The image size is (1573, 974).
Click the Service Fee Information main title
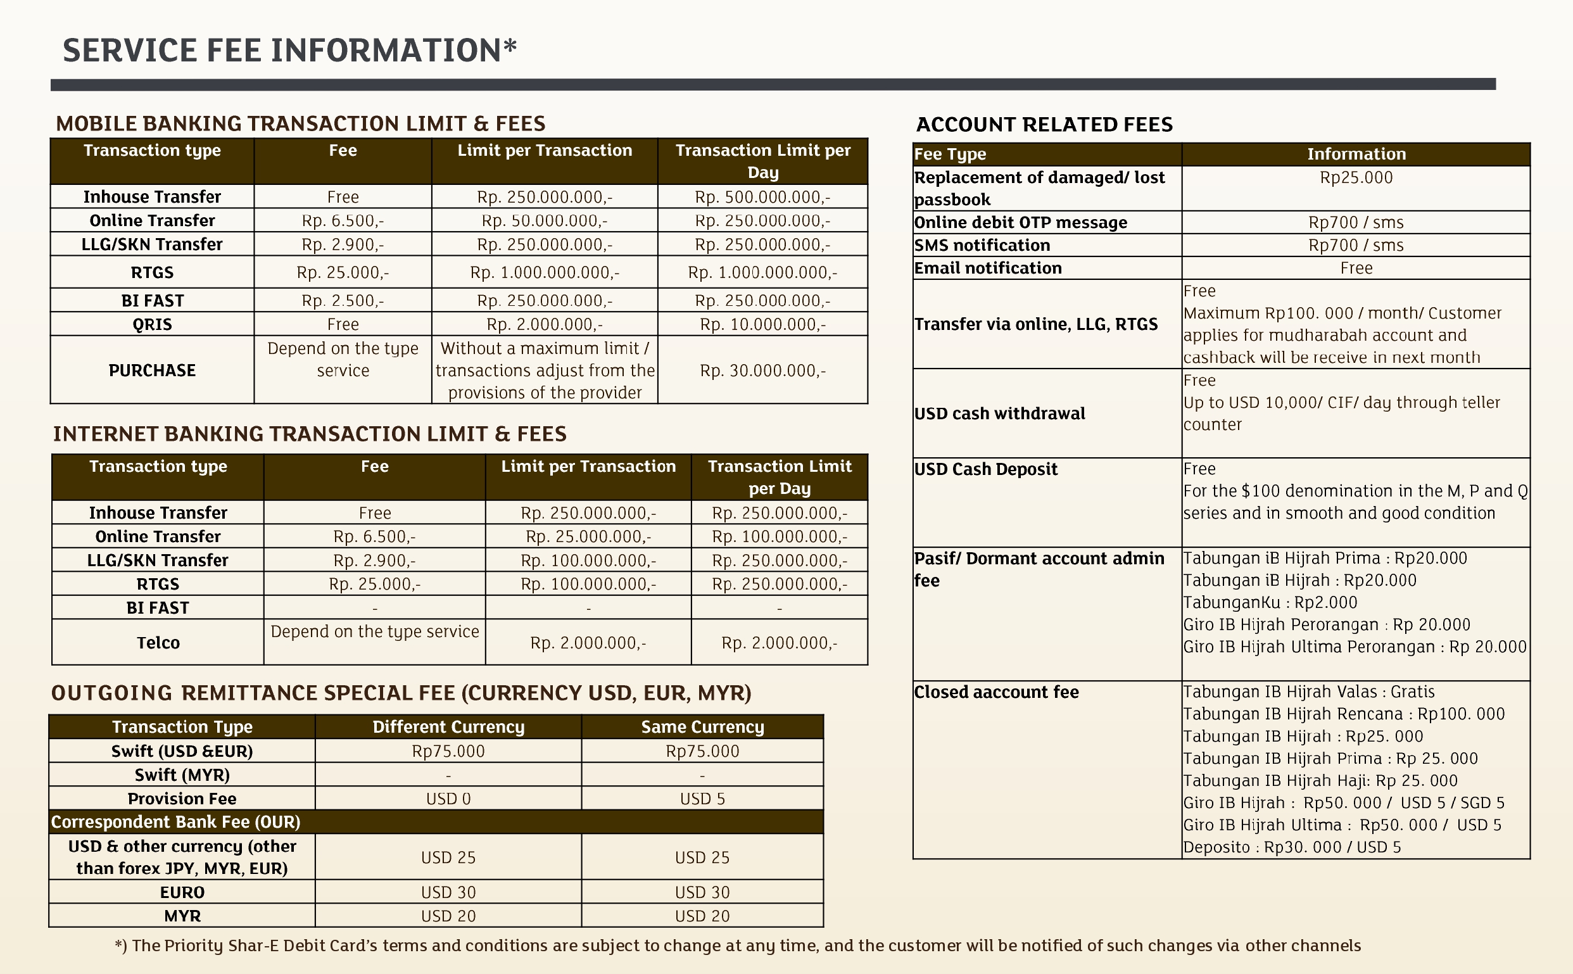(x=289, y=50)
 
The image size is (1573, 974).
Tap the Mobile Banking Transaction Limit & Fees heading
(x=300, y=123)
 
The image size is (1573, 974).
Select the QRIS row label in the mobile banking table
(x=152, y=324)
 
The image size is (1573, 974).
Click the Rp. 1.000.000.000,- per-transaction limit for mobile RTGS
(x=545, y=272)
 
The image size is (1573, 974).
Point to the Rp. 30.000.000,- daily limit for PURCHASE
(x=762, y=370)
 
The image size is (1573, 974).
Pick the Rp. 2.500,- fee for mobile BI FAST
(x=343, y=301)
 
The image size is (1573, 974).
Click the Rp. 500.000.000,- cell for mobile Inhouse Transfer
(x=762, y=197)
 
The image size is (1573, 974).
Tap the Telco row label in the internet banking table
(x=158, y=642)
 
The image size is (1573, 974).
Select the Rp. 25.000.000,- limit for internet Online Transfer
(x=588, y=536)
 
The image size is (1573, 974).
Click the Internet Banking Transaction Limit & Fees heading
(x=310, y=434)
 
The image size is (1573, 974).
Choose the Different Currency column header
(x=448, y=726)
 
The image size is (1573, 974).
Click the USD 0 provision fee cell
(x=448, y=799)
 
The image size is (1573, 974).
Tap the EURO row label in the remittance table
(x=182, y=892)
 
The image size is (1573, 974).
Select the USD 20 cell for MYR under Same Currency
(x=702, y=916)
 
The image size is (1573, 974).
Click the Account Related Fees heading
(x=1044, y=124)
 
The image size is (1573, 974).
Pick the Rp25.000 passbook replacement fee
(x=1356, y=178)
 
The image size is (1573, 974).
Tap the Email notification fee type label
(x=988, y=268)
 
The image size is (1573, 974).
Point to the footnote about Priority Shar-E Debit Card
(x=738, y=946)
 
